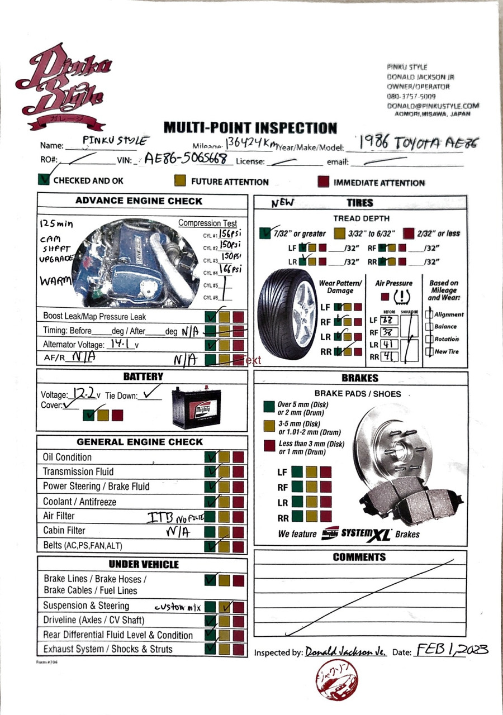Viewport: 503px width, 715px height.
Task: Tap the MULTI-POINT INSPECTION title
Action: (x=250, y=128)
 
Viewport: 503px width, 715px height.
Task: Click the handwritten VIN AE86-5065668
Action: (x=188, y=159)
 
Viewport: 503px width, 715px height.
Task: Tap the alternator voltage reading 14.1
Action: (x=118, y=344)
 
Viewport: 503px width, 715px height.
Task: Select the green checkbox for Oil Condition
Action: (x=211, y=457)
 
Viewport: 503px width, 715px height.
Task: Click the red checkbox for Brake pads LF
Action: (x=325, y=472)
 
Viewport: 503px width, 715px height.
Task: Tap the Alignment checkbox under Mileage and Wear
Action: (x=429, y=314)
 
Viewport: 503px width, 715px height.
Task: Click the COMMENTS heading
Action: (x=359, y=557)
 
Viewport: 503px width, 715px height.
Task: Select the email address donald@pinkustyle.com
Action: (x=433, y=106)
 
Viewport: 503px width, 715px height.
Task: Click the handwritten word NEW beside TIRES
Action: (x=283, y=203)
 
